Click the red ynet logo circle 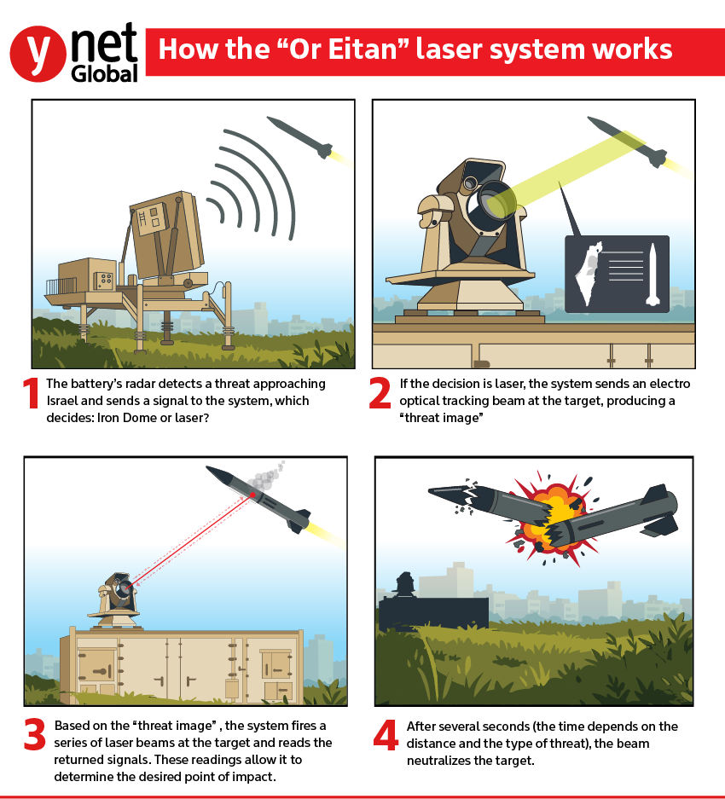(38, 52)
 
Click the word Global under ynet (104, 74)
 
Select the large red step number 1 (32, 393)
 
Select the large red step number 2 (380, 393)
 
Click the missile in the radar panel (299, 137)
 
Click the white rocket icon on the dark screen (651, 274)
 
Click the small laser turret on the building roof (116, 597)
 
